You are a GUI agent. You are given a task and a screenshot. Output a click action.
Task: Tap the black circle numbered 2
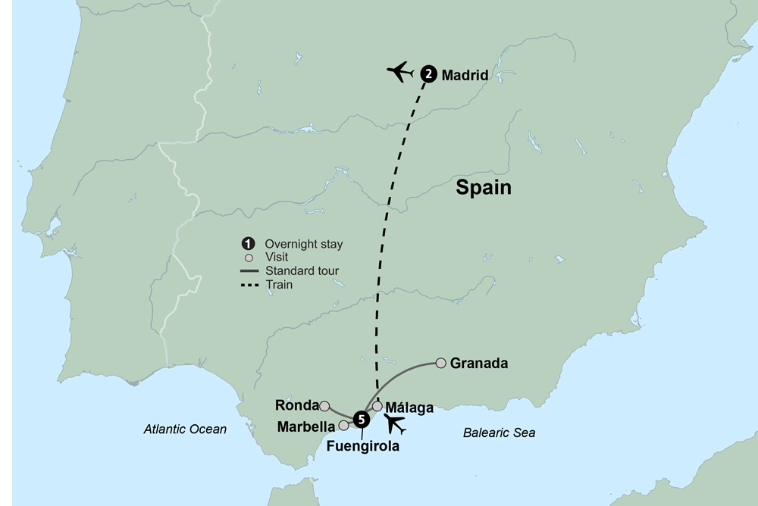pos(428,74)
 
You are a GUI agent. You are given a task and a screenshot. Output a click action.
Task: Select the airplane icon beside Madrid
pos(400,73)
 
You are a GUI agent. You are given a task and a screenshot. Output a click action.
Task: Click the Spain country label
pos(483,187)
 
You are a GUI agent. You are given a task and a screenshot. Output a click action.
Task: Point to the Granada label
pos(478,364)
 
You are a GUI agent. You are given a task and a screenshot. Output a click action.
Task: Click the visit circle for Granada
pos(440,364)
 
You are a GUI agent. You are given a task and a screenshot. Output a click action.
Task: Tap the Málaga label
pos(409,408)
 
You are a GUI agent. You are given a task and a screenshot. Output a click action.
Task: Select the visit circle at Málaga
pos(377,406)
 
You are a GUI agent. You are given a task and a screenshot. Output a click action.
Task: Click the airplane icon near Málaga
pos(394,424)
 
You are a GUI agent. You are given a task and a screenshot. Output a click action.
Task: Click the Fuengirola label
pos(362,446)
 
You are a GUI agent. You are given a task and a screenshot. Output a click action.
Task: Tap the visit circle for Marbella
pos(343,426)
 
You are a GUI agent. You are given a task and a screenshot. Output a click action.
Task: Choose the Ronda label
pos(296,405)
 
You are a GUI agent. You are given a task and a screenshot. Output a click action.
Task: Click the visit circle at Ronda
pos(324,406)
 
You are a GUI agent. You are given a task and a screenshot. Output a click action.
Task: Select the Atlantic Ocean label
pos(185,429)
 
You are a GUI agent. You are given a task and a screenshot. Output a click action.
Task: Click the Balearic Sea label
pos(499,433)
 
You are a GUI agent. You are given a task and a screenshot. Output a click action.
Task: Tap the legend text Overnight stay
pos(303,244)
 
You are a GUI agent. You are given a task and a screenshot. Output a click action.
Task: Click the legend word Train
pos(278,285)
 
